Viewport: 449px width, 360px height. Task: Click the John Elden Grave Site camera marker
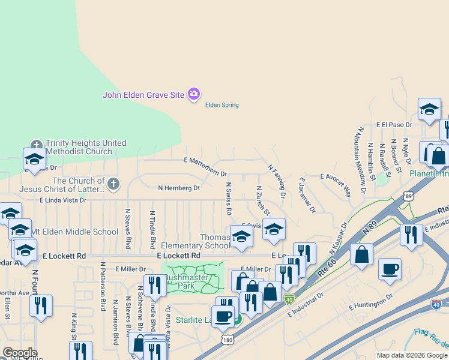(x=193, y=94)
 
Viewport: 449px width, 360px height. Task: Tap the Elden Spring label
(x=222, y=105)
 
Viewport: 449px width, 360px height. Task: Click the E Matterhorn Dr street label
(x=205, y=166)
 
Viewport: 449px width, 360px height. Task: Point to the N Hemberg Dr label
(x=178, y=188)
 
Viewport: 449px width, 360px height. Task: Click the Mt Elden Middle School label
(x=74, y=232)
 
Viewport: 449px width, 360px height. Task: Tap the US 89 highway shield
(x=409, y=196)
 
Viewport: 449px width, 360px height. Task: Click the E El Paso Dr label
(x=394, y=125)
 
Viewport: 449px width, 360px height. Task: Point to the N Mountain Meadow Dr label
(x=362, y=160)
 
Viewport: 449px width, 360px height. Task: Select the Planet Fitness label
(x=429, y=173)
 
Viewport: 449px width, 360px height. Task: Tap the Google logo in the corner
(x=19, y=353)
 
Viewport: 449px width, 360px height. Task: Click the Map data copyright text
(x=412, y=355)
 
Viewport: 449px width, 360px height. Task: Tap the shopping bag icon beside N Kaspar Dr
(x=362, y=254)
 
